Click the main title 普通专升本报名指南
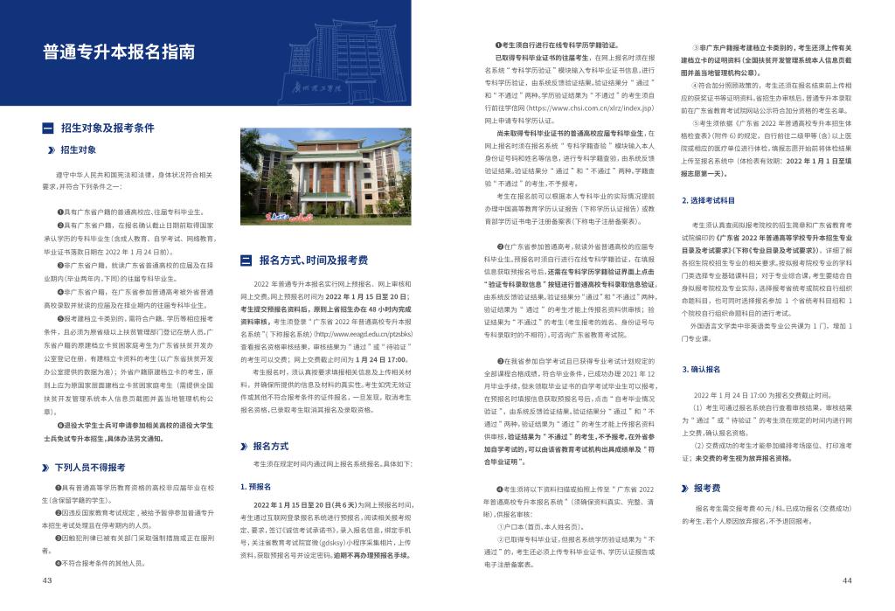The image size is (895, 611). (119, 52)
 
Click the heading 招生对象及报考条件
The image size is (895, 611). (107, 128)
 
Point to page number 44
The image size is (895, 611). (847, 580)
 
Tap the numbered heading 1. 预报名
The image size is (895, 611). (257, 486)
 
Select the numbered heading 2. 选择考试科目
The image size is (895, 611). (708, 202)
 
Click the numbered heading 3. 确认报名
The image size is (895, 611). (700, 370)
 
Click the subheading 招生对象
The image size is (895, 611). (79, 149)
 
